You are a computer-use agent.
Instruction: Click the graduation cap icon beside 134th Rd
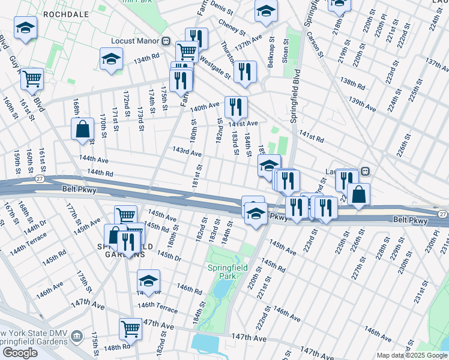tap(112, 59)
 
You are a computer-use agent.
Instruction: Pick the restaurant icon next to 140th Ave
tap(236, 107)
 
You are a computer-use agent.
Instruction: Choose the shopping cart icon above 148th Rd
tap(130, 328)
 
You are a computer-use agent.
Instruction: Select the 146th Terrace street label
tap(158, 307)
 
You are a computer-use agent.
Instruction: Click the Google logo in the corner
tap(20, 353)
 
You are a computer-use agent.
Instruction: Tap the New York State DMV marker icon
tap(76, 335)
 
